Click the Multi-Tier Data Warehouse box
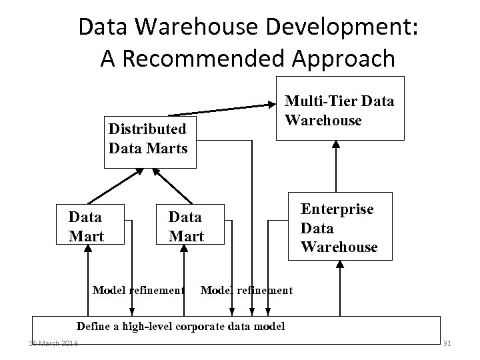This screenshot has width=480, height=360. (340, 111)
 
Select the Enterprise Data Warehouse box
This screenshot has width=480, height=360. (338, 227)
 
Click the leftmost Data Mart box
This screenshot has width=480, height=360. (86, 226)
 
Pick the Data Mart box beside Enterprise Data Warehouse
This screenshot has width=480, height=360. (187, 226)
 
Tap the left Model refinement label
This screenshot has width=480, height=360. (137, 290)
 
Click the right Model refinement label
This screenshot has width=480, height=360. (246, 290)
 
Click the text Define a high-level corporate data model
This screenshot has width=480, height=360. (181, 327)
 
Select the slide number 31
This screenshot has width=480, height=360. (447, 343)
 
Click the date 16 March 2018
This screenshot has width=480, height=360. (53, 343)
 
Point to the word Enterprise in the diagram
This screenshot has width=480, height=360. (337, 209)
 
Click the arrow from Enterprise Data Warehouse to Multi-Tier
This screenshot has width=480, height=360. (335, 167)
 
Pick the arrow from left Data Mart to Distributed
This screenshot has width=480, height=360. (115, 185)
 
